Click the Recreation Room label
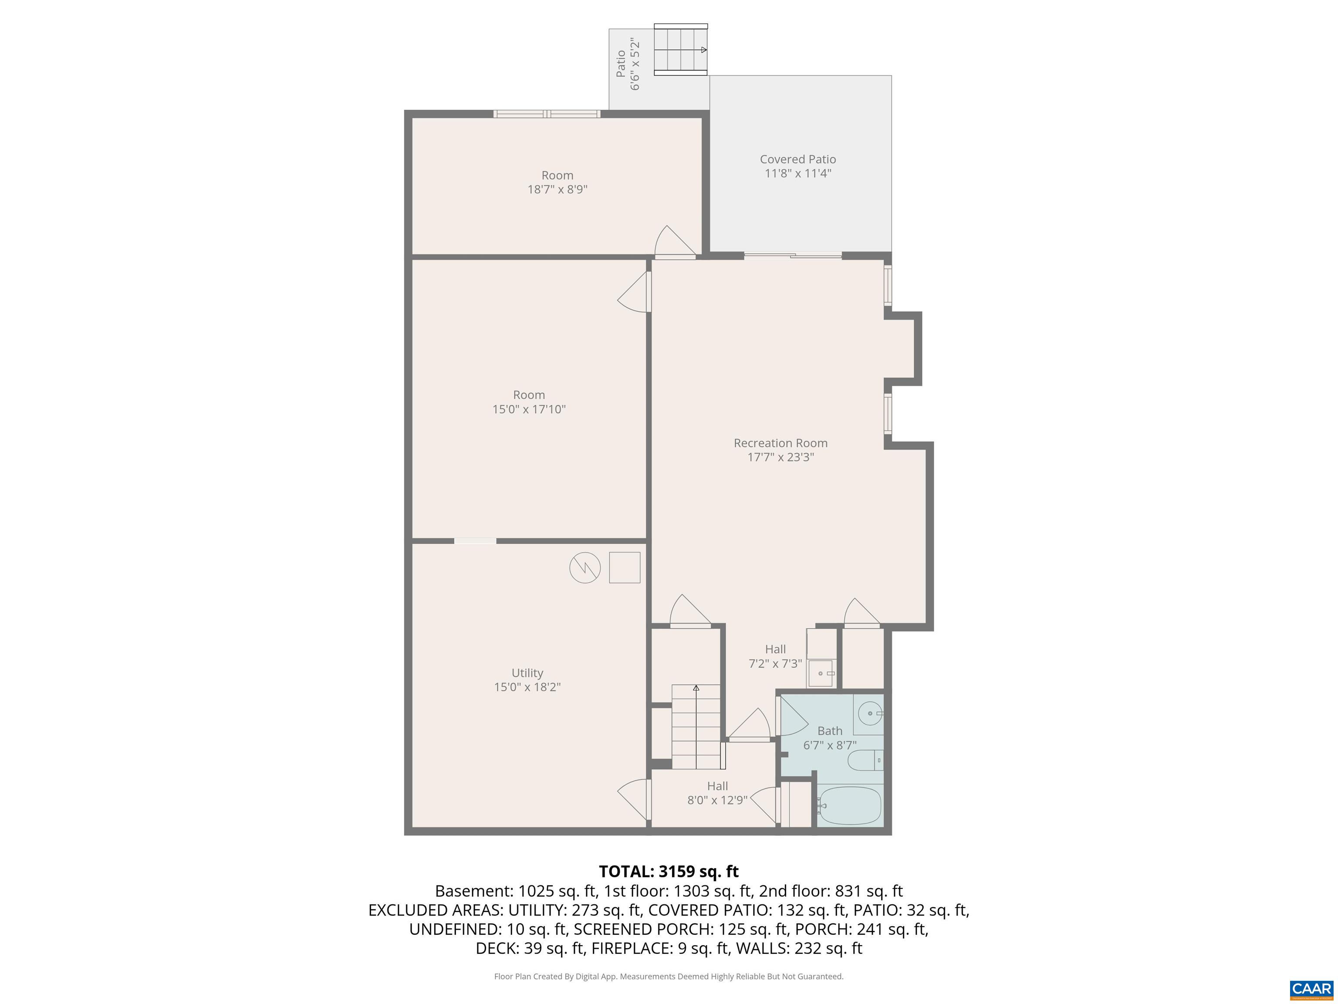(x=780, y=443)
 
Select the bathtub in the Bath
(x=850, y=805)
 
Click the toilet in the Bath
(x=865, y=760)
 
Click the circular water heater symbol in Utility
(x=585, y=568)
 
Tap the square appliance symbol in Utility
(x=624, y=568)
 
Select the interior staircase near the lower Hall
(x=696, y=726)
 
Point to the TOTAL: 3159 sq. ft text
(x=669, y=872)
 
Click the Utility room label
(x=527, y=673)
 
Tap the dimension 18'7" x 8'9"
(x=557, y=190)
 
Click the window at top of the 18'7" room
(x=547, y=114)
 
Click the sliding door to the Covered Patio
(x=792, y=255)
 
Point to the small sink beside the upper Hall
(x=821, y=673)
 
